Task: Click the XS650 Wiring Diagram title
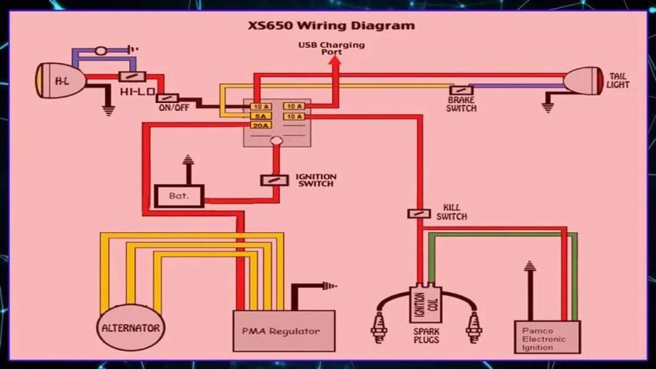[x=331, y=25]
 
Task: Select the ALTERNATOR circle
[x=131, y=327]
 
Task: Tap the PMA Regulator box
[x=284, y=331]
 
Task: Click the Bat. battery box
[x=178, y=196]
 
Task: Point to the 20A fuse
[x=261, y=125]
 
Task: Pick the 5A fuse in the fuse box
[x=261, y=116]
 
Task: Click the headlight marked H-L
[x=60, y=79]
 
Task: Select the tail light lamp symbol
[x=584, y=81]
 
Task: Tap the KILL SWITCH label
[x=451, y=212]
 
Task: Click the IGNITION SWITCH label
[x=315, y=181]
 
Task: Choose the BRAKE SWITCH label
[x=461, y=104]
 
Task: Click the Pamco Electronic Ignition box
[x=547, y=337]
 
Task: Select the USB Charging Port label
[x=331, y=48]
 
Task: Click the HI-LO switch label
[x=137, y=91]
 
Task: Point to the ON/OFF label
[x=174, y=108]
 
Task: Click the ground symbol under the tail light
[x=548, y=106]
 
